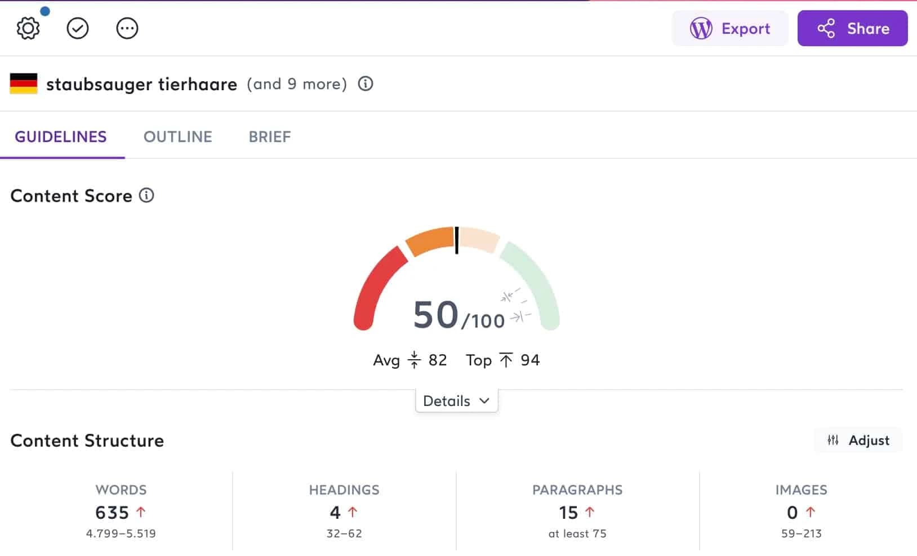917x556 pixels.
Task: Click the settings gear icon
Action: pyautogui.click(x=28, y=28)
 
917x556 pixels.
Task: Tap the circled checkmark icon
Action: pyautogui.click(x=78, y=28)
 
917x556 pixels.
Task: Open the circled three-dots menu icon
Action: pyautogui.click(x=127, y=28)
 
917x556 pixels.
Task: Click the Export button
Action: pyautogui.click(x=730, y=28)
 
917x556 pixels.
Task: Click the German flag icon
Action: pyautogui.click(x=24, y=84)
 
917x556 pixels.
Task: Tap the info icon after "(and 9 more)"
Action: pyautogui.click(x=366, y=84)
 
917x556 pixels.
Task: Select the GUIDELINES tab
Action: pyautogui.click(x=61, y=137)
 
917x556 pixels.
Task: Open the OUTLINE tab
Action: pyautogui.click(x=178, y=137)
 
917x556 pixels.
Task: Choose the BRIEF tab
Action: pyautogui.click(x=270, y=137)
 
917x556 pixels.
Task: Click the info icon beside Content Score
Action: pyautogui.click(x=146, y=196)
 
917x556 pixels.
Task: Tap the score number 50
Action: pyautogui.click(x=436, y=315)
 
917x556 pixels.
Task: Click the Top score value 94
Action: pyautogui.click(x=530, y=360)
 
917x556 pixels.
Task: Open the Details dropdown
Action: pyautogui.click(x=456, y=401)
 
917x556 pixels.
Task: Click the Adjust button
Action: pyautogui.click(x=858, y=440)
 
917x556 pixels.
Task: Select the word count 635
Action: pyautogui.click(x=112, y=513)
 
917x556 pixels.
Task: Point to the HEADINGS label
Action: pyautogui.click(x=344, y=490)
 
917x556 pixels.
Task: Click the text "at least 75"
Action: pyautogui.click(x=577, y=533)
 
